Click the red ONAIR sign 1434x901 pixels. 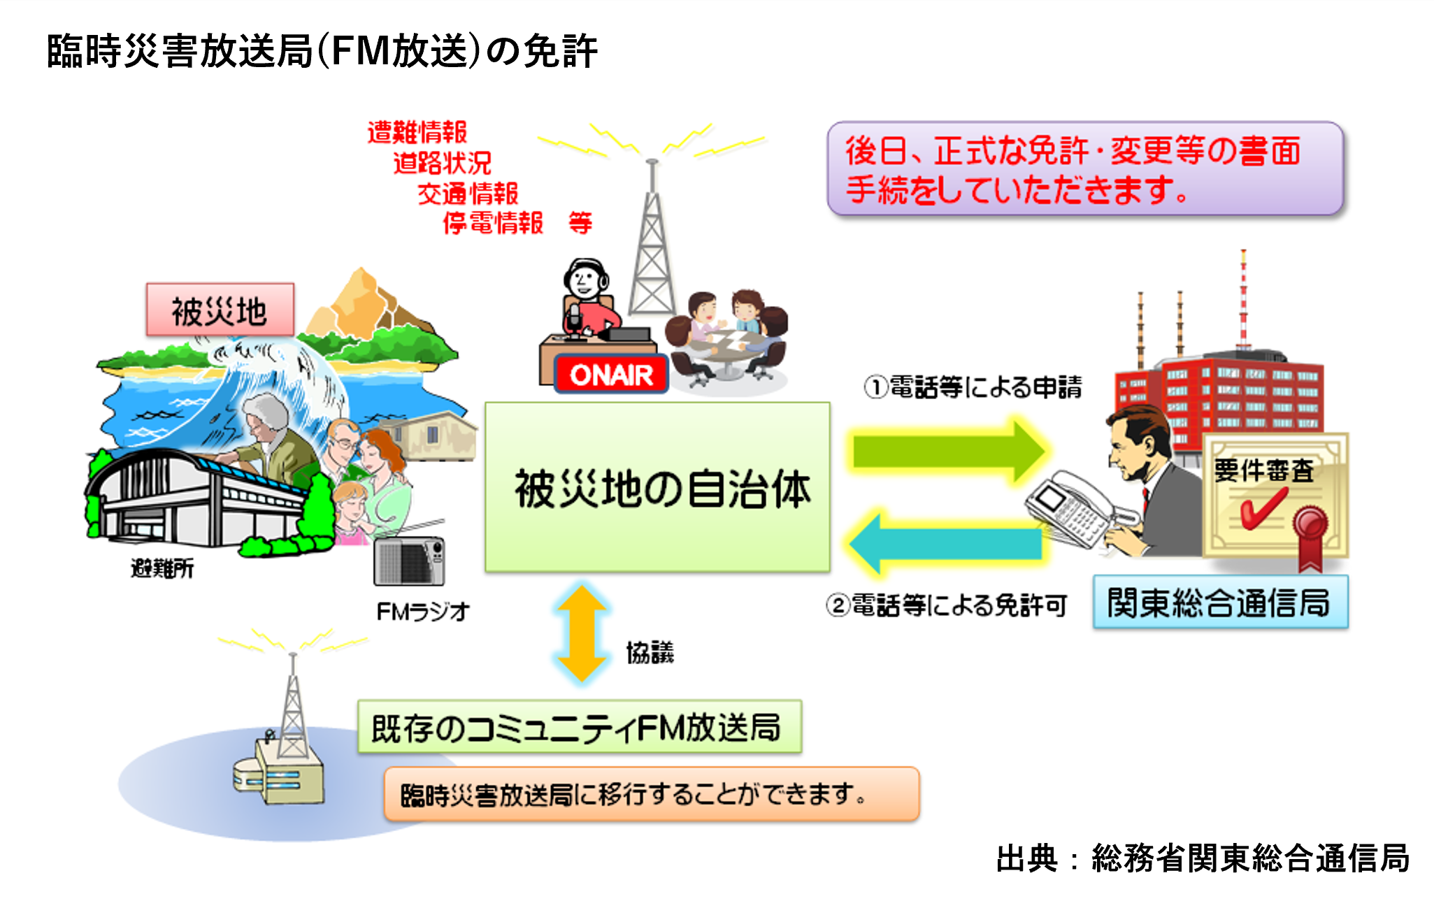(611, 375)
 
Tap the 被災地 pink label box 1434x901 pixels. (220, 310)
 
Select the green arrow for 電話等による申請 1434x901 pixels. (949, 451)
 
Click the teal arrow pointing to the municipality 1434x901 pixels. (946, 543)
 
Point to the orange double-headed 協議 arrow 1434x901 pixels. (581, 633)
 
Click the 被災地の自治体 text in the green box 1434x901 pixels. (662, 489)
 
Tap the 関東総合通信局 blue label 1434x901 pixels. (1220, 602)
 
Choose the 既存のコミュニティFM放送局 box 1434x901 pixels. (579, 727)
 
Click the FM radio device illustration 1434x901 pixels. (409, 561)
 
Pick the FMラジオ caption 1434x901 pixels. (423, 612)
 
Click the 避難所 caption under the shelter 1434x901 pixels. (162, 568)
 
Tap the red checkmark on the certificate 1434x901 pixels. (1263, 507)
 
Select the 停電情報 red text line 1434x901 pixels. (494, 223)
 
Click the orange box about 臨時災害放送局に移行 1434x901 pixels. (652, 794)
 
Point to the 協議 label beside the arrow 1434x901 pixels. (650, 653)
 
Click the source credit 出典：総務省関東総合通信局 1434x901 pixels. (1203, 858)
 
